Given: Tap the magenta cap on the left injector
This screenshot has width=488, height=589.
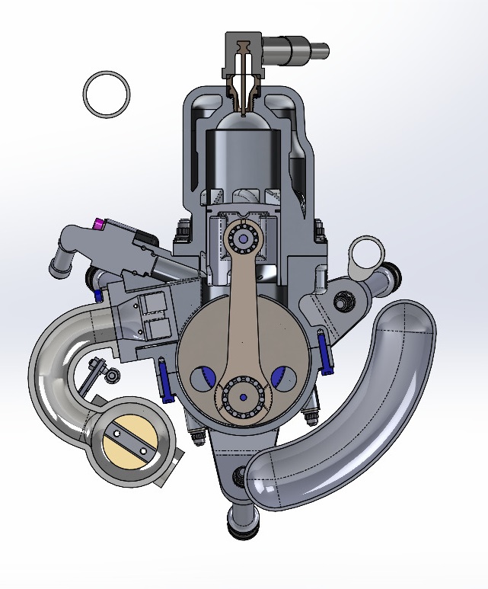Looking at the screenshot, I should point(98,224).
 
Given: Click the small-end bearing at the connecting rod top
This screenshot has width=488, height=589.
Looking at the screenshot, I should point(243,239).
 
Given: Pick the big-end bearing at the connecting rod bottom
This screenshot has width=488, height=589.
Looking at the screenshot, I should point(241,397).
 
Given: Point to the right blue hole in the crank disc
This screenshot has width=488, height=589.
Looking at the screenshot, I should point(283,375).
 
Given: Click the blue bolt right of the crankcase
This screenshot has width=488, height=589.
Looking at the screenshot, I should point(326,351).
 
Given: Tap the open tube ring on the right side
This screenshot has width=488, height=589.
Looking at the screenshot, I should point(367,251).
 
